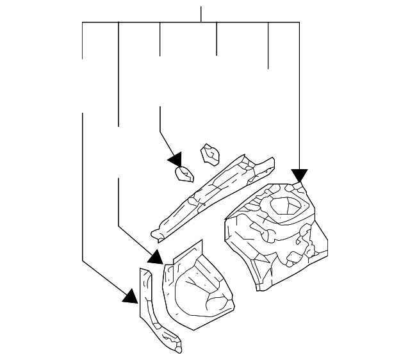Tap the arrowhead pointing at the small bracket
pos(174,160)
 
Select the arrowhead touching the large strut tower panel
pos(299,176)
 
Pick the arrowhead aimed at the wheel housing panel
pos(155,257)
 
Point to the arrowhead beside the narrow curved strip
pos(131,295)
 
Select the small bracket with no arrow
pos(210,154)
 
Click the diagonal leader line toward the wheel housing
pos(135,241)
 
